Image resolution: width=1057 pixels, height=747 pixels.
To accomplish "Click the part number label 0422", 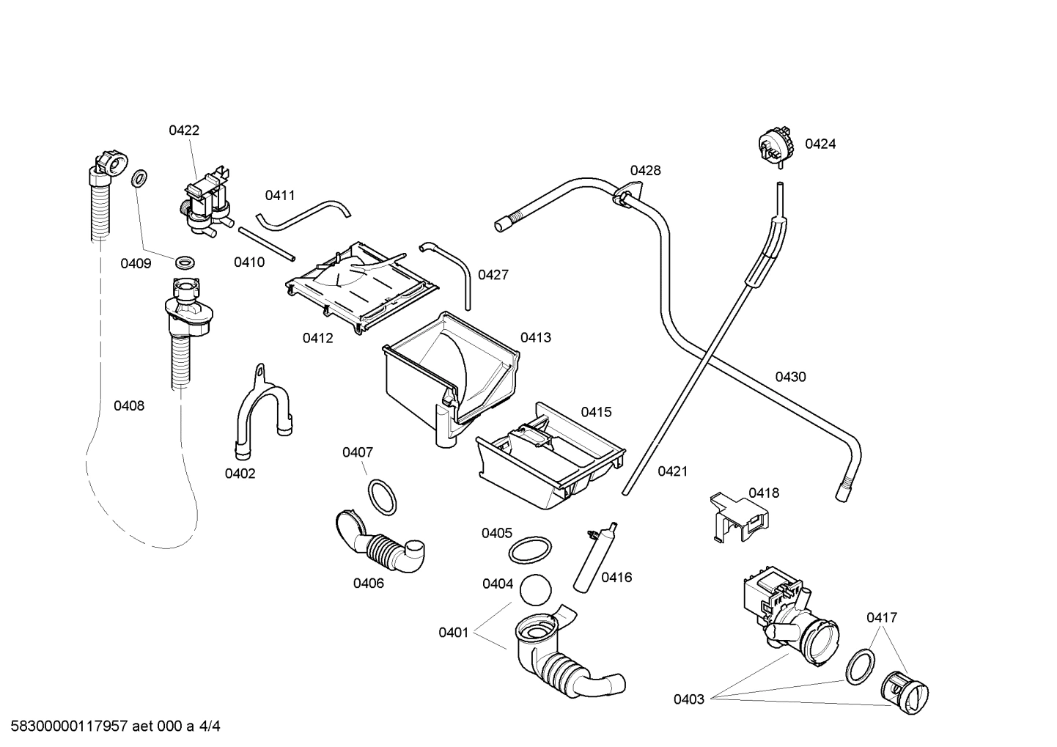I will [x=184, y=130].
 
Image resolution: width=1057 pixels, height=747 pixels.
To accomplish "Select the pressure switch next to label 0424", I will [x=776, y=145].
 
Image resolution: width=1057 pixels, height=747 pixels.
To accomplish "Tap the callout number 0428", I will [x=645, y=171].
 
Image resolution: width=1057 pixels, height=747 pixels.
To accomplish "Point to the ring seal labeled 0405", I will [x=530, y=549].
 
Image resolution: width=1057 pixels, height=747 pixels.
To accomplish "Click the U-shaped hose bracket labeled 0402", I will [x=260, y=413].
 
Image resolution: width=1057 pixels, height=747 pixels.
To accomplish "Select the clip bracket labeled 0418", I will [x=740, y=518].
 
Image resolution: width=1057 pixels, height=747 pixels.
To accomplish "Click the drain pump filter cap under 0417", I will [x=906, y=691].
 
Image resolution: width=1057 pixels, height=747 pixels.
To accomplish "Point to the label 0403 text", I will [x=688, y=699].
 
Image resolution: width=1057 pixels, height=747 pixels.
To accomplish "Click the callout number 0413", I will [x=536, y=338].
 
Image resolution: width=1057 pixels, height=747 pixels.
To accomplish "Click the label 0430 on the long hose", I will [x=790, y=377].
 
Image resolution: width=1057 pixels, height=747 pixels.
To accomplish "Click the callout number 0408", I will [x=129, y=405].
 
